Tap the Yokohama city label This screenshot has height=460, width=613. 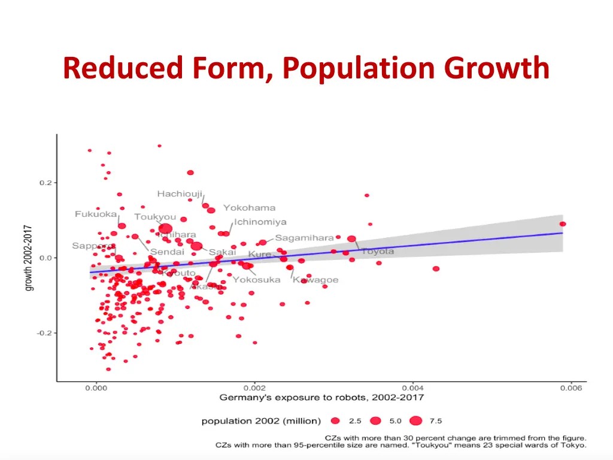[249, 208]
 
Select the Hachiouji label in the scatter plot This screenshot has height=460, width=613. [180, 193]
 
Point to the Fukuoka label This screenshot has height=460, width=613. [96, 214]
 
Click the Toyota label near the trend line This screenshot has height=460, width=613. [377, 251]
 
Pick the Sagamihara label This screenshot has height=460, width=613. [304, 238]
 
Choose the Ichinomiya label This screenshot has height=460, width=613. [260, 222]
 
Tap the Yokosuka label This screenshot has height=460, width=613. [256, 280]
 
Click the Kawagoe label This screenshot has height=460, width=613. [315, 280]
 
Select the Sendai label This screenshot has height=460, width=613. [167, 252]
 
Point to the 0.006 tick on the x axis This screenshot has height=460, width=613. [570, 388]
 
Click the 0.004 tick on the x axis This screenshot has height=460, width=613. [412, 388]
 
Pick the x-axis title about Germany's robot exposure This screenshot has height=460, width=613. [322, 397]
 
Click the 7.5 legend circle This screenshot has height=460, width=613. [416, 421]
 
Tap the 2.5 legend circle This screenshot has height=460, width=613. [336, 421]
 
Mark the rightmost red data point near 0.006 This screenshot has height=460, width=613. [563, 224]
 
